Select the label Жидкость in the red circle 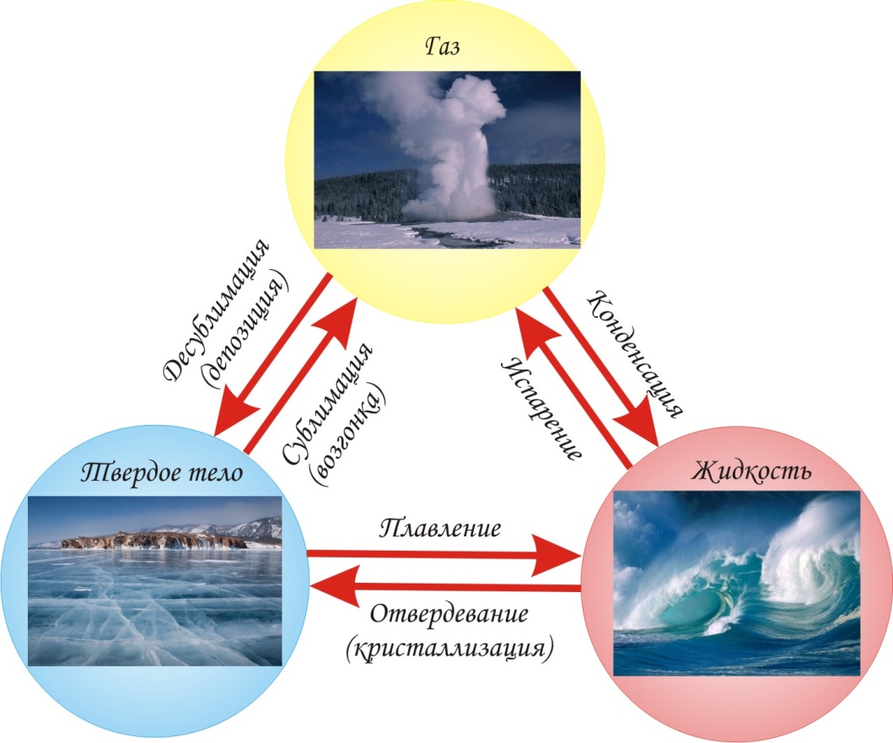coord(751,470)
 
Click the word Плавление coord(441,530)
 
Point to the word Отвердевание coord(449,613)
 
